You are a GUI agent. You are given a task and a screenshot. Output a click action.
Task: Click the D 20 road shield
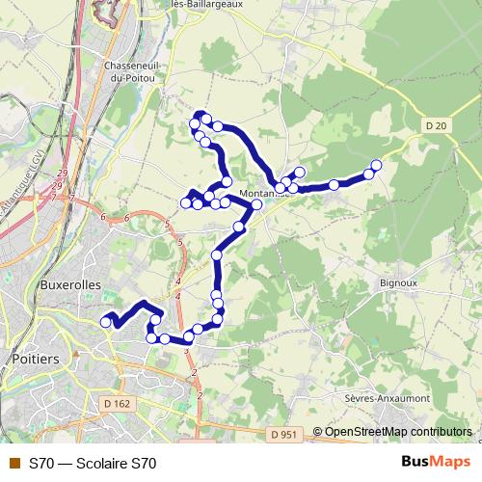pos(437,124)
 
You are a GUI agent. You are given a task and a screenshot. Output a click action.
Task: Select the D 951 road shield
pos(285,436)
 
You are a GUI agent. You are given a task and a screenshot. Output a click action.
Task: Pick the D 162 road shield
pos(117,403)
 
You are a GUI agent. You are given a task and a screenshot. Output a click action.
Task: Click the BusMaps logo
pos(435,463)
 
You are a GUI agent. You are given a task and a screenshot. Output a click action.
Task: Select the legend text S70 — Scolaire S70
pos(93,464)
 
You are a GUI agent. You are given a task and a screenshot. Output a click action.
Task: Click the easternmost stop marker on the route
pos(376,166)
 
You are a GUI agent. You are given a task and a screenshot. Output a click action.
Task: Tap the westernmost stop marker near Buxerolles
pos(106,323)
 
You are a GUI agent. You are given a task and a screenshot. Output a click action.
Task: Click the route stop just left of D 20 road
pos(368,174)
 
